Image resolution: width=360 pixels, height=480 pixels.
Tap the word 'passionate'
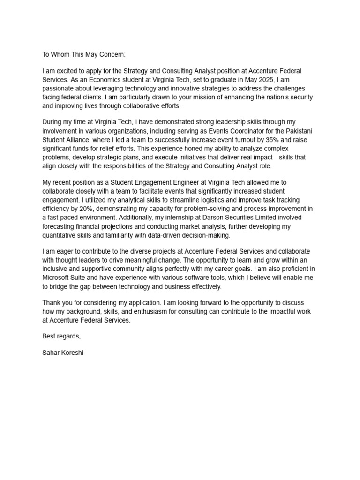click(58, 89)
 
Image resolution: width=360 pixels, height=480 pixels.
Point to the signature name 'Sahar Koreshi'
click(62, 352)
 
